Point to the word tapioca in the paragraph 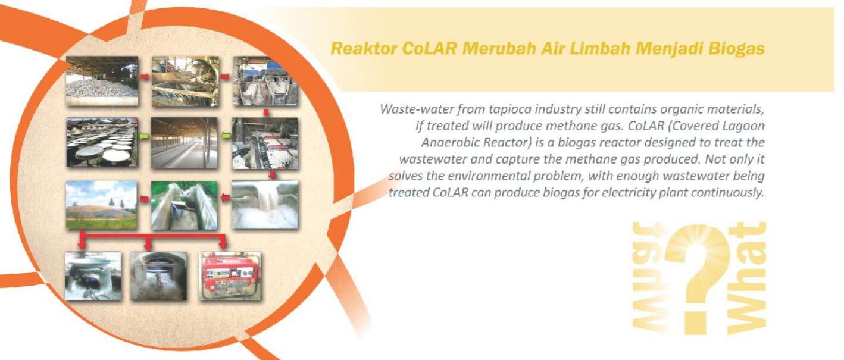(x=509, y=109)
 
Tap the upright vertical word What (x=746, y=278)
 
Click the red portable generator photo (x=230, y=276)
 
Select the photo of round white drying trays (x=102, y=142)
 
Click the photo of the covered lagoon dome (x=102, y=205)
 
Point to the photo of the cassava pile (x=102, y=81)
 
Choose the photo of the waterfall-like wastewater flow (x=265, y=205)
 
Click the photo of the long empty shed (x=185, y=143)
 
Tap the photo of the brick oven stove (x=158, y=276)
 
